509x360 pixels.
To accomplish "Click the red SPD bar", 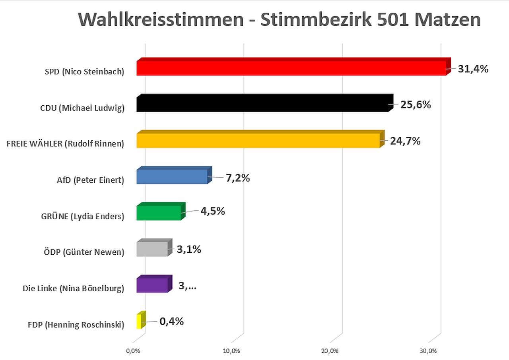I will pos(292,68).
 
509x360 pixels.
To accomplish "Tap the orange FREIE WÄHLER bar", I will pos(258,140).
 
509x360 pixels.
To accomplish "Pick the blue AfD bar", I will pos(172,176).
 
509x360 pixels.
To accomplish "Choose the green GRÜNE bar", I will pos(159,213).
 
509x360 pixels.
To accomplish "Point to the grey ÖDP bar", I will pos(152,249).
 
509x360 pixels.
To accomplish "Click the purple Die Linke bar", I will pos(152,285).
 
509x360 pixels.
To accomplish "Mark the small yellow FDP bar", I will pos(139,321).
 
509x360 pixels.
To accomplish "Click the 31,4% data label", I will pos(473,69).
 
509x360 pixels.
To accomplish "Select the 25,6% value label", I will pos(416,105).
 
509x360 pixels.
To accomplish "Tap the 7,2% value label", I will pos(238,178).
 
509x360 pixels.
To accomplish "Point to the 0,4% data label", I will pos(171,321).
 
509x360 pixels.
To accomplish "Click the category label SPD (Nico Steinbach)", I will pos(84,72).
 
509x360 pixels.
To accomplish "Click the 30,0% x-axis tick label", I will pos(429,351).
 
